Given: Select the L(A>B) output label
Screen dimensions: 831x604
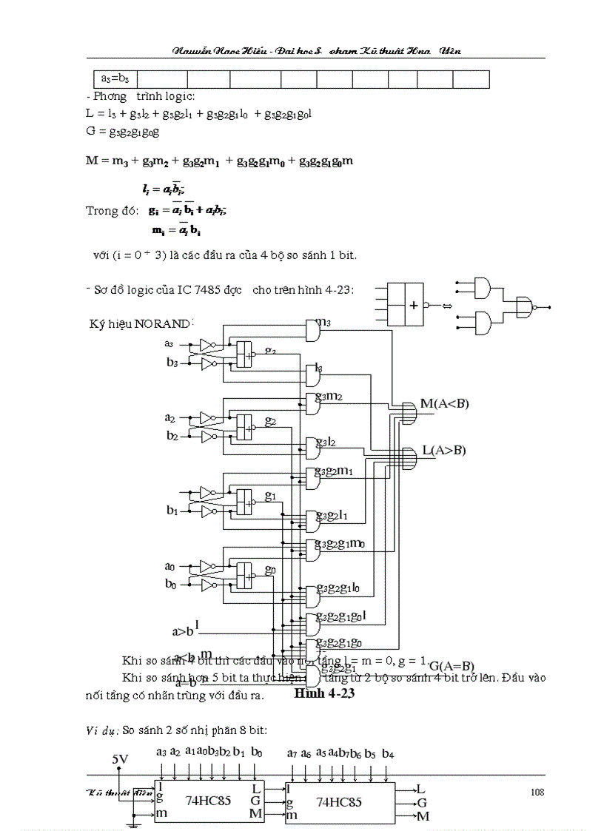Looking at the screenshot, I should point(444,450).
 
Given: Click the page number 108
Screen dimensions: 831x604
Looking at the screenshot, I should point(537,792).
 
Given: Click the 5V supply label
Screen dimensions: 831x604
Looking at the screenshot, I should point(120,759).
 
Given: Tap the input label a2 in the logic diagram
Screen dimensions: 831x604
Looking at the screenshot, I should point(170,417).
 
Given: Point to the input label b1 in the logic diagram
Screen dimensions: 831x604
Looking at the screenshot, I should point(172,511).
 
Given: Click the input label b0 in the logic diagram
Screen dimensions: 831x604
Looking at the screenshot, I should point(170,585).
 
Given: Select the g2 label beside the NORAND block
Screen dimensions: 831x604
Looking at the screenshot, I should point(271,421).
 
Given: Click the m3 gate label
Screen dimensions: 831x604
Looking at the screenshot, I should point(323,322).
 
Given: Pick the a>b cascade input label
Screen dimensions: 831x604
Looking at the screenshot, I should point(184,631).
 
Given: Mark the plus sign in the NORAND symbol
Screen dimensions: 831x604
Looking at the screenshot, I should point(413,304).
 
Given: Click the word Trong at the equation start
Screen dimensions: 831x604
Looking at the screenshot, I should point(102,210).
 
